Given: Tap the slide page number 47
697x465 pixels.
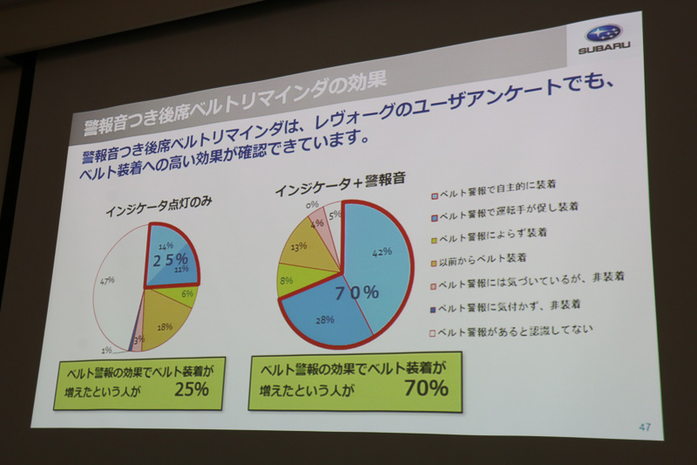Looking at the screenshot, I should [x=644, y=427].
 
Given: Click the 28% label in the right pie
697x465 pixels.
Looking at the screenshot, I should [x=326, y=320].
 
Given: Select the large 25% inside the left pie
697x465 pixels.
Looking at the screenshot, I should [x=170, y=260].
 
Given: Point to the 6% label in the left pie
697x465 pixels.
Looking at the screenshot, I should [x=186, y=294].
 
